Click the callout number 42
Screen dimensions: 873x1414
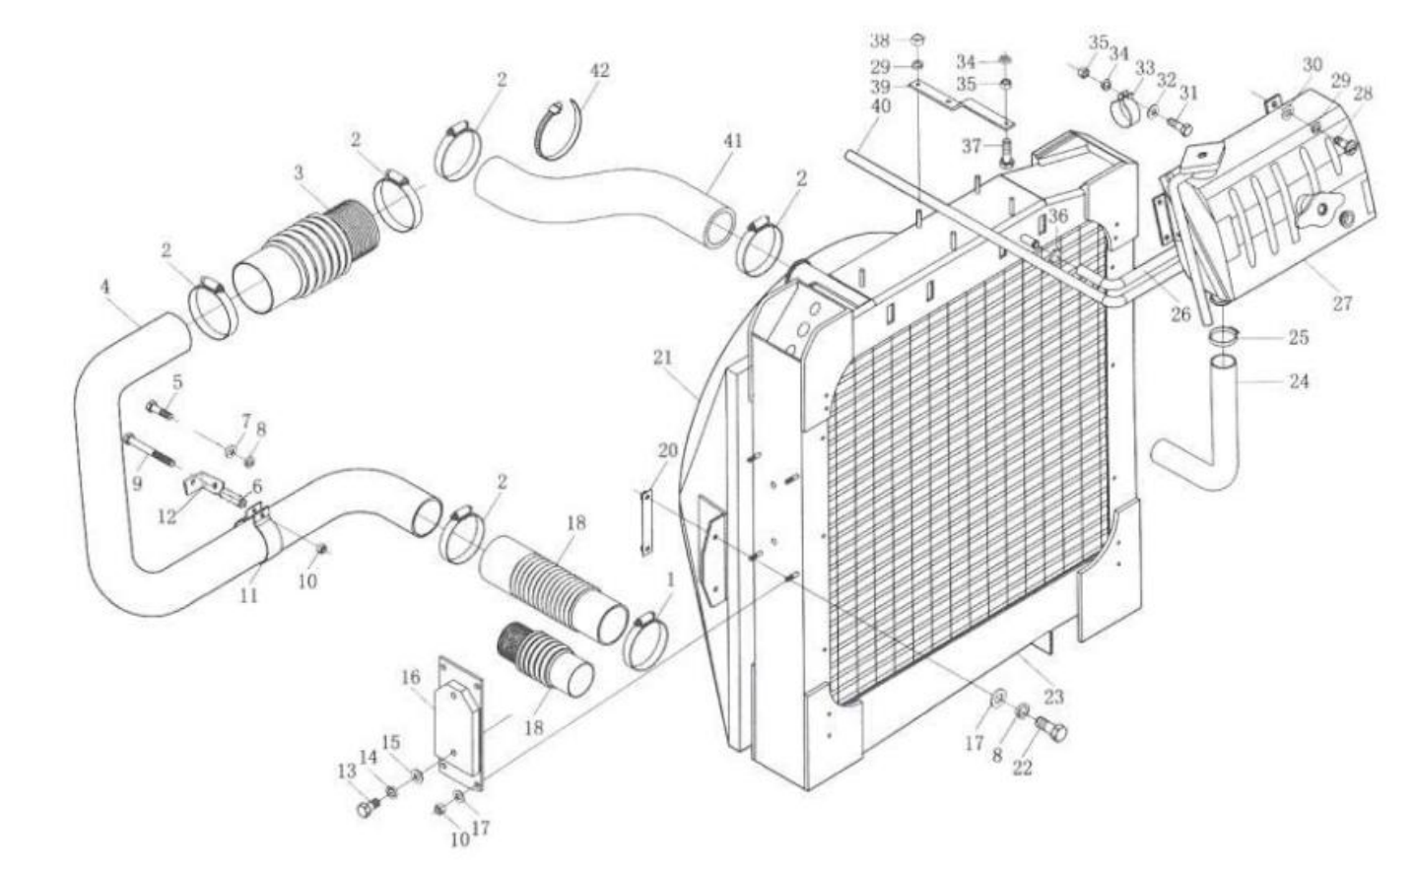point(599,70)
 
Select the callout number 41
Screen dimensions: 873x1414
point(732,141)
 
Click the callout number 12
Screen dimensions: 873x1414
point(168,514)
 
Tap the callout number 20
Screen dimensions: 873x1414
point(667,450)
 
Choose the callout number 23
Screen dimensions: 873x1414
point(1053,697)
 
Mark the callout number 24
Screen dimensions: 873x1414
point(1299,380)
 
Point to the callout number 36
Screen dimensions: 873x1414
point(1057,216)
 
